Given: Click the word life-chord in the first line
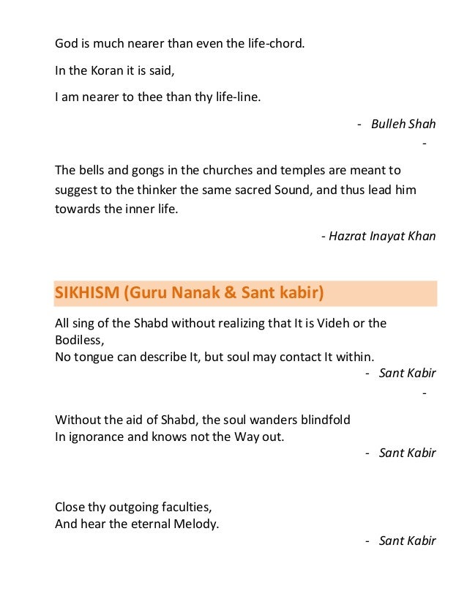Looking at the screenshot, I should click(272, 42).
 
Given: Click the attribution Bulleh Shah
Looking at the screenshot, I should click(403, 124).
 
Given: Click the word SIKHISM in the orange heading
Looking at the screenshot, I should click(86, 293).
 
